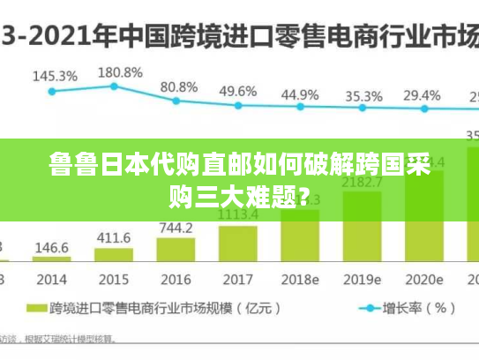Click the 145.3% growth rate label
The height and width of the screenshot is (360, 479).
click(x=55, y=77)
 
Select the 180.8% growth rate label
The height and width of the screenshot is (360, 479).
click(x=119, y=71)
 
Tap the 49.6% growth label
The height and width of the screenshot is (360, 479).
click(x=238, y=91)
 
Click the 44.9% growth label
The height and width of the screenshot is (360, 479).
click(x=300, y=94)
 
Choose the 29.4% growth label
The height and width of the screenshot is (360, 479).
click(x=423, y=94)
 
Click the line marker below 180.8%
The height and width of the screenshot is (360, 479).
click(x=114, y=86)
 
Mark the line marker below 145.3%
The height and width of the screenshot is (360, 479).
click(x=52, y=90)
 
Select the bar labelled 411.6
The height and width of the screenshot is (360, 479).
click(x=113, y=254)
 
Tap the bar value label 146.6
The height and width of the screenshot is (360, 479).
click(x=52, y=248)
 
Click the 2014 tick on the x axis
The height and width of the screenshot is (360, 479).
click(x=51, y=280)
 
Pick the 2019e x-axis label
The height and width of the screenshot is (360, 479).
click(x=363, y=280)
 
